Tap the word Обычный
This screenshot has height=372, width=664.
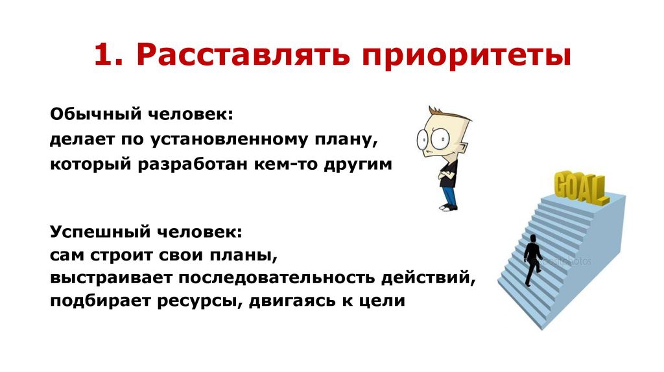pyautogui.click(x=95, y=114)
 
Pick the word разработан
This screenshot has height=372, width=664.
pyautogui.click(x=193, y=164)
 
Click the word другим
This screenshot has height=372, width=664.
pyautogui.click(x=358, y=165)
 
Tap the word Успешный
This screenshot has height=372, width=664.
pyautogui.click(x=101, y=232)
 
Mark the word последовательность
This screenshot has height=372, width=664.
pyautogui.click(x=276, y=278)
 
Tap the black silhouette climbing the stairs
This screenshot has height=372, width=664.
pyautogui.click(x=532, y=260)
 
